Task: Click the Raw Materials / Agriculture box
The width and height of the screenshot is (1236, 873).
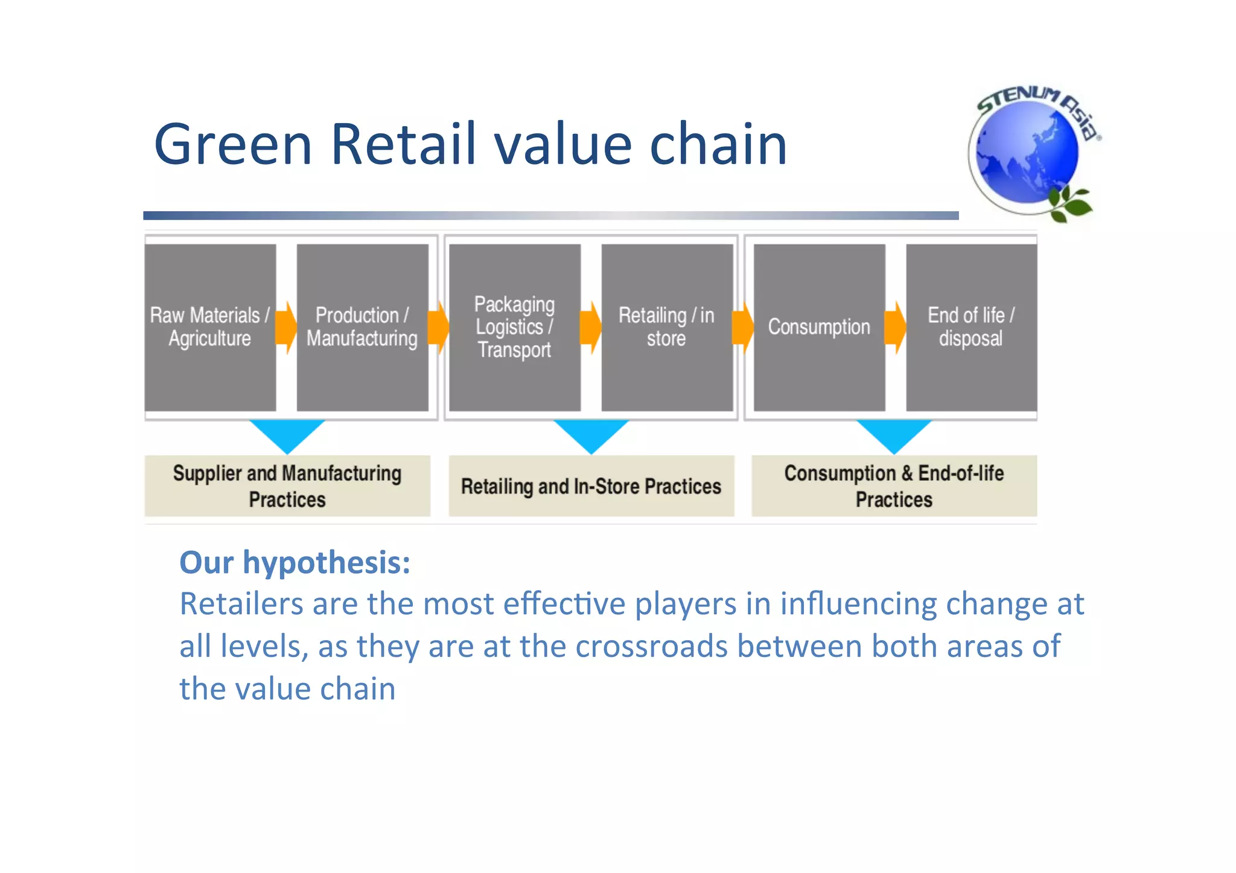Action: click(210, 327)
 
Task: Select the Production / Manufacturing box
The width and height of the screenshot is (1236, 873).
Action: click(362, 327)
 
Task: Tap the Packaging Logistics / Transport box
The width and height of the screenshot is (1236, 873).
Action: click(514, 327)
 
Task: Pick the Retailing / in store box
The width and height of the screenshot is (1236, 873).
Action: click(666, 327)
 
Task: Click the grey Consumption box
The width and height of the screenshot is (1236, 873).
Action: click(819, 327)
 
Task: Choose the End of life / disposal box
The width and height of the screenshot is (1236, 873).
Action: click(971, 327)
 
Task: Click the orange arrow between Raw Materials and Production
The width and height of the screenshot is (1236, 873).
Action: click(286, 327)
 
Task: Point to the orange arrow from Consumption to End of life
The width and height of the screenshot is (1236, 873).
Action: click(896, 327)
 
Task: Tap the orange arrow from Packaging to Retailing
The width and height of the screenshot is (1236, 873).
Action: click(591, 327)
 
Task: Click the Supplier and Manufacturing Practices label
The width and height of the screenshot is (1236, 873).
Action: click(287, 486)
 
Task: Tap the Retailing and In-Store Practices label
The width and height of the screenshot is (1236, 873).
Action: click(591, 486)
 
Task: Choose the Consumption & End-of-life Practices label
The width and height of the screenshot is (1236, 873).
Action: click(894, 486)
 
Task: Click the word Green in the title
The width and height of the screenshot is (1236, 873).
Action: click(233, 145)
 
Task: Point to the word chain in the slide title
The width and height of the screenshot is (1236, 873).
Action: click(718, 145)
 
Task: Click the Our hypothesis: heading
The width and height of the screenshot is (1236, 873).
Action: click(295, 563)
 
